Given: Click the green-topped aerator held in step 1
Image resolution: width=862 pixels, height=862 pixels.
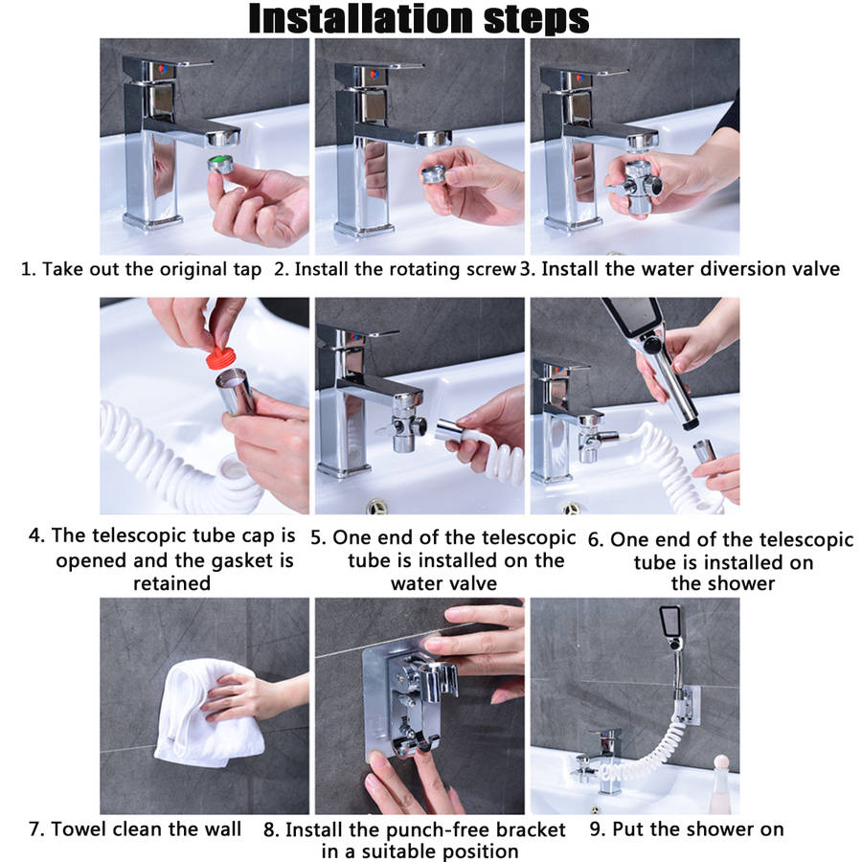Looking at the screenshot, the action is [x=220, y=164].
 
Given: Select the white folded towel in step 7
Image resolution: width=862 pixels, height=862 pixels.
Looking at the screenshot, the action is [x=206, y=713].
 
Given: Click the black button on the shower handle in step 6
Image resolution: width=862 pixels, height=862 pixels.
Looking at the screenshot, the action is [x=652, y=347].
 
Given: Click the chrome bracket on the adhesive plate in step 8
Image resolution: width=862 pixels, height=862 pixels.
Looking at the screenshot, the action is [x=413, y=703].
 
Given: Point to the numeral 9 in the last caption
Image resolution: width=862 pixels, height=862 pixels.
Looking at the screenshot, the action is [x=596, y=829].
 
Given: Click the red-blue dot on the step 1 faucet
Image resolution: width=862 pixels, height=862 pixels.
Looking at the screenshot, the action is [x=163, y=69].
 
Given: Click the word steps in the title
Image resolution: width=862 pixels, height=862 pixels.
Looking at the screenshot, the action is [x=536, y=20].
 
